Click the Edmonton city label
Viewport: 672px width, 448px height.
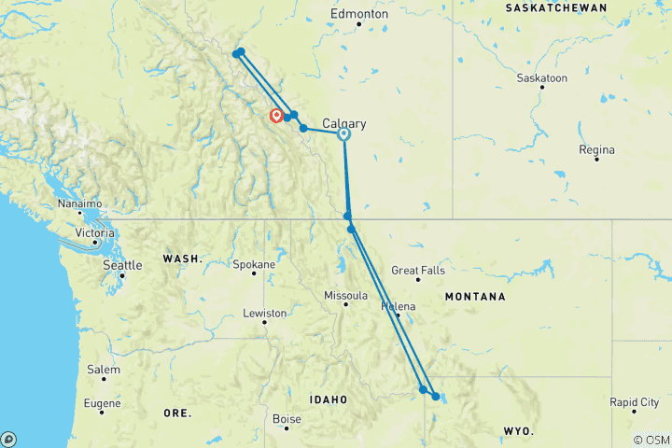359,15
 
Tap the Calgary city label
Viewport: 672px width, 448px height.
343,123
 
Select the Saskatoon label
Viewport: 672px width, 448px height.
542,78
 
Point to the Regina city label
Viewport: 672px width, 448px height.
596,149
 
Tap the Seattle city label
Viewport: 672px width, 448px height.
122,266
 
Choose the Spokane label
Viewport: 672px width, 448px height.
254,264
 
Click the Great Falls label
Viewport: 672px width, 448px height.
417,271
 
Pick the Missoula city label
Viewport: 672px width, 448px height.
344,295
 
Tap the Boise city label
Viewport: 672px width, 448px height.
286,419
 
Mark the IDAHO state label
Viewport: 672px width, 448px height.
329,399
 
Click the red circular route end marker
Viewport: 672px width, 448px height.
276,116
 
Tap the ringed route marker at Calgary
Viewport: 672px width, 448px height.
343,133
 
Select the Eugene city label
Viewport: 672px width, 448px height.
101,403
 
